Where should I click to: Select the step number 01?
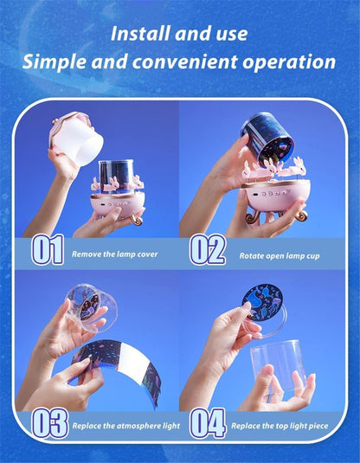[x=48, y=249]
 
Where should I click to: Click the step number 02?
[x=208, y=249]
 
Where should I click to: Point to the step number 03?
[x=50, y=423]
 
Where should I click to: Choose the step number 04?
[x=208, y=423]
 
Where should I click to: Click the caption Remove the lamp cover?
[x=115, y=254]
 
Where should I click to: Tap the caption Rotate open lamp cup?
[x=280, y=255]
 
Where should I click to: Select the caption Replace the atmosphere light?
[x=126, y=426]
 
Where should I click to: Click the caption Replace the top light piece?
[x=280, y=426]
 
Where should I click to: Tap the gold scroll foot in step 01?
[x=137, y=220]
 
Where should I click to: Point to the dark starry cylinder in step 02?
[x=268, y=138]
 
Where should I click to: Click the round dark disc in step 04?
[x=262, y=302]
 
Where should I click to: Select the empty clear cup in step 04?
[x=278, y=366]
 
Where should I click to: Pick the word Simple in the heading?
[x=55, y=61]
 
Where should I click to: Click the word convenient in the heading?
[x=185, y=61]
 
